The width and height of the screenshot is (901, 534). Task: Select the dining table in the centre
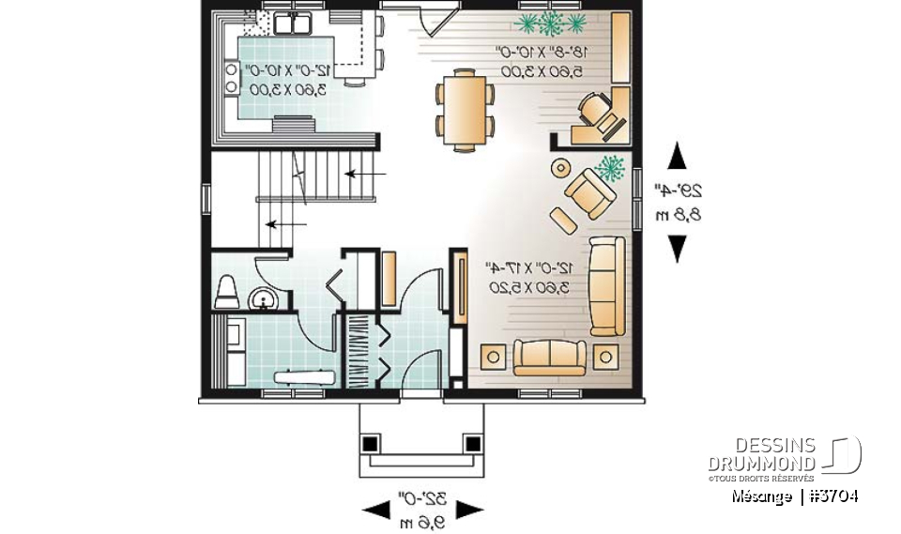(463, 108)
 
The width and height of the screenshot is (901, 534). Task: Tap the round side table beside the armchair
(559, 169)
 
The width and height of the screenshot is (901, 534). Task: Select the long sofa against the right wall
(606, 285)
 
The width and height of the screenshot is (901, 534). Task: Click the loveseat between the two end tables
(549, 358)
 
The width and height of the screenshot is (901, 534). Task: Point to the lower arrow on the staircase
(286, 224)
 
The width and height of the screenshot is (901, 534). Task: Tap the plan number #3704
(832, 496)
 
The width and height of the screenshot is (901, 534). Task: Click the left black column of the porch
(371, 442)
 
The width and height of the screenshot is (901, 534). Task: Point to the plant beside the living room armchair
(610, 168)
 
